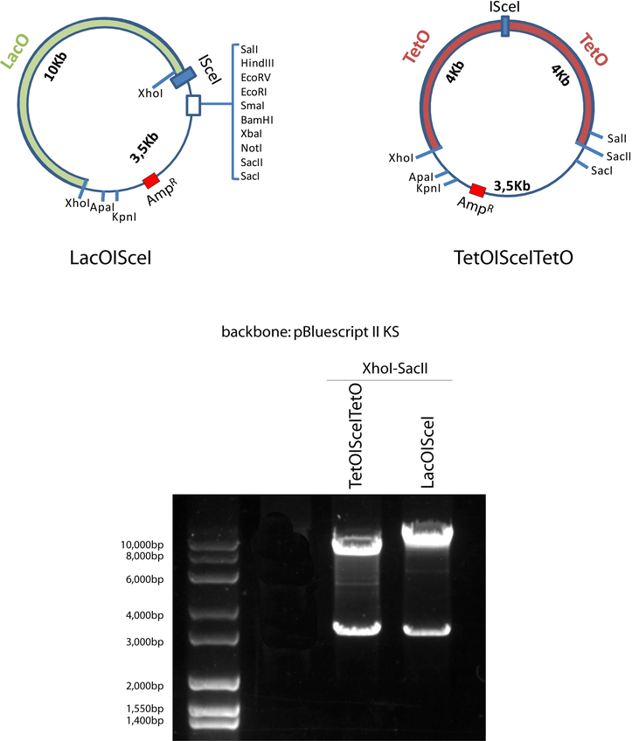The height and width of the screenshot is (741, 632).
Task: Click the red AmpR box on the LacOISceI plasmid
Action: click(x=151, y=180)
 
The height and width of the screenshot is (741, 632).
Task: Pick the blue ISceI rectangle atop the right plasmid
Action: click(x=508, y=31)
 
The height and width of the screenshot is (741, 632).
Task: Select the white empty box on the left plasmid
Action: click(x=194, y=106)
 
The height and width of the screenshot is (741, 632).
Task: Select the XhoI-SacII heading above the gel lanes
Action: click(x=389, y=370)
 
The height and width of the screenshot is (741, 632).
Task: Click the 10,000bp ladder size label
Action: click(x=133, y=544)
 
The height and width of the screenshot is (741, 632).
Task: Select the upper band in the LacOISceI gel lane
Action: click(x=426, y=530)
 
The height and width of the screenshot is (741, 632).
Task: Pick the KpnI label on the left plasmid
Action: click(x=123, y=216)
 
